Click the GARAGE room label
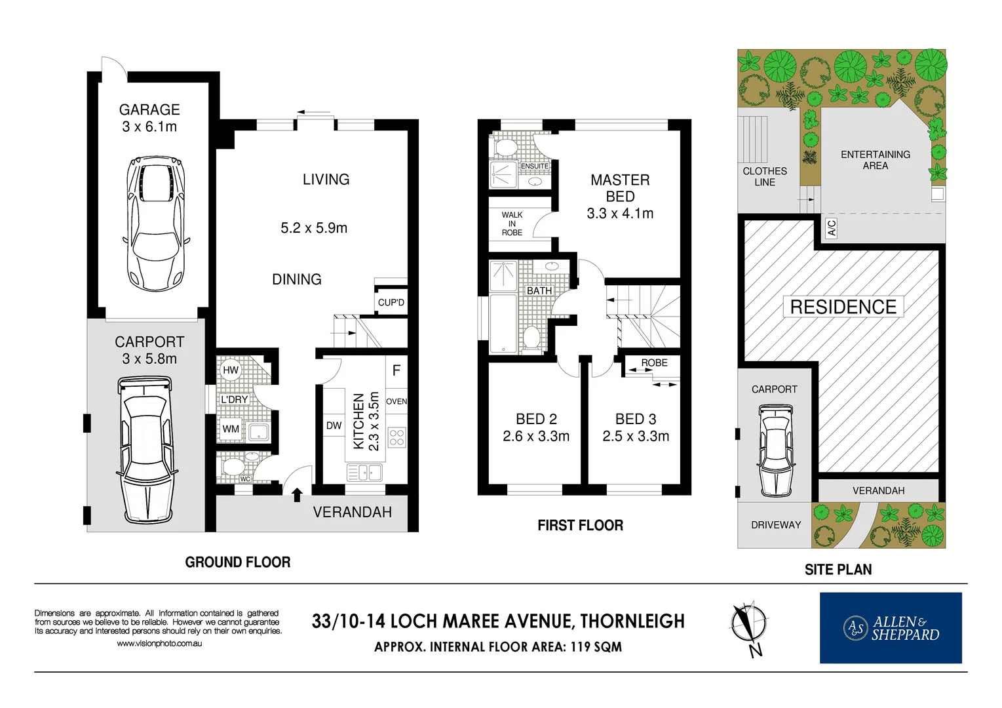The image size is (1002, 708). [149, 110]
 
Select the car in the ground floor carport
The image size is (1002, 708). [146, 450]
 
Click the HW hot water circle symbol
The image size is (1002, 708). [231, 370]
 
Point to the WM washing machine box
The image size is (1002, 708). [231, 429]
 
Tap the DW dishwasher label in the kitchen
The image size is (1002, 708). [334, 425]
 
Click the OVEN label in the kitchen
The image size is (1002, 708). [396, 401]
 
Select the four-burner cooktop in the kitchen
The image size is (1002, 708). [396, 437]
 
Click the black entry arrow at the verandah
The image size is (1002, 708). [297, 494]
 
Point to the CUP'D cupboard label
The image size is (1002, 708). [391, 302]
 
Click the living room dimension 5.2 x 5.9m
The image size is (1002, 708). [314, 228]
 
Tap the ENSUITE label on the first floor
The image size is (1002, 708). [535, 167]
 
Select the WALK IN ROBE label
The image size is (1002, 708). [512, 224]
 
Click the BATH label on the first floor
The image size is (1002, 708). [539, 290]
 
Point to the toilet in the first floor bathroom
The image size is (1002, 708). [530, 338]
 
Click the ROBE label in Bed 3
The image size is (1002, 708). [654, 363]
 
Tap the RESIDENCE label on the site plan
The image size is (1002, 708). [843, 307]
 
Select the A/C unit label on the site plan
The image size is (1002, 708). [832, 228]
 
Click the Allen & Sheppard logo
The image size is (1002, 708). [891, 628]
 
